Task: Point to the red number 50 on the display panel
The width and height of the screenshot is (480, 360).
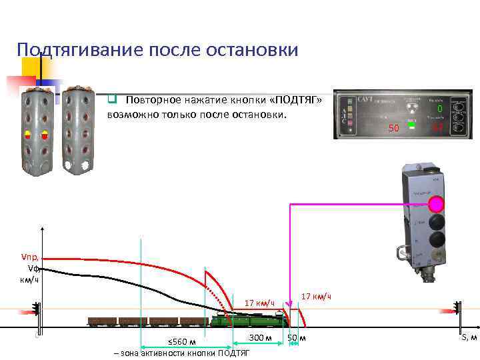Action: pos(393,127)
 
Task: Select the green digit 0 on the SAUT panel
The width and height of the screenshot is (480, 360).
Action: pos(439,109)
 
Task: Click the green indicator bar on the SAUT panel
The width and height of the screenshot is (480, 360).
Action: pos(412,125)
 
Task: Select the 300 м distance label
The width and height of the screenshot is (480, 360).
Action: pos(259,337)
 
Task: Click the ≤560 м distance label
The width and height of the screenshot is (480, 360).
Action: pos(181,342)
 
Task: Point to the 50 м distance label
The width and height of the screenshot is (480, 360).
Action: pos(297,338)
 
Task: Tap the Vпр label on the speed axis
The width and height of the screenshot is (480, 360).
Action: pos(31,257)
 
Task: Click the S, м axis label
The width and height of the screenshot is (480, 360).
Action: pos(469,338)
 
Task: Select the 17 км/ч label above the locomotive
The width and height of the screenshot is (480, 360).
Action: pos(260,304)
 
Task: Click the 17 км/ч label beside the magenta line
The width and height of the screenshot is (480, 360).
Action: pos(316,296)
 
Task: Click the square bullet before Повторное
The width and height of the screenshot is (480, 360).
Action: pos(113,100)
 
